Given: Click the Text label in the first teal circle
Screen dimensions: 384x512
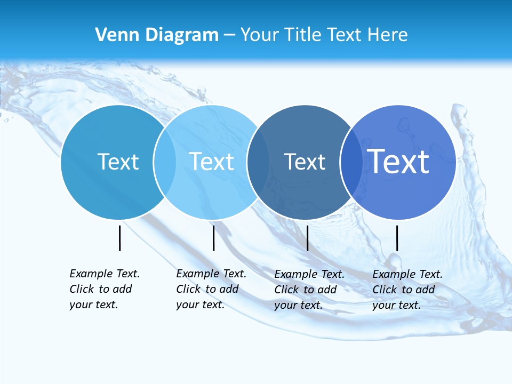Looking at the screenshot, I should click(118, 162).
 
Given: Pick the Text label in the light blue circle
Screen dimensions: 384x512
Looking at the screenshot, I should click(211, 162).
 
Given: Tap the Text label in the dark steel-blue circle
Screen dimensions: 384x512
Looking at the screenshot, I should click(305, 162).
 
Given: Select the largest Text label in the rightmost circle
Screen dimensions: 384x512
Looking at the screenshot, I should click(398, 161).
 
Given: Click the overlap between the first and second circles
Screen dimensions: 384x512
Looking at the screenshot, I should click(165, 162).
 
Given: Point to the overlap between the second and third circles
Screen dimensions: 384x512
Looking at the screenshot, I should click(258, 162).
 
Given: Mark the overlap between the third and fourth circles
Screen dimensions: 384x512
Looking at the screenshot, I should click(351, 162).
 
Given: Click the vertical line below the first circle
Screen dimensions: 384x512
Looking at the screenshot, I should click(120, 238).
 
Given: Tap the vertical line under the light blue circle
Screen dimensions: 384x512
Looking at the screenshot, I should click(213, 238).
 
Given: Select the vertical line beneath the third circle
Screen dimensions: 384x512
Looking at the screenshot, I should click(307, 238).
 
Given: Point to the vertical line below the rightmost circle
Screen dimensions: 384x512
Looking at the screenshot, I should click(397, 238).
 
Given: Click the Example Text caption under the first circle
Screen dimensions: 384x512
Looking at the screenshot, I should click(104, 289).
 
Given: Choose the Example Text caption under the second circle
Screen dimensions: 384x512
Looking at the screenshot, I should click(211, 289).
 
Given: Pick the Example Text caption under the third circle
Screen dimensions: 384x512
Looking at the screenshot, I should click(309, 290).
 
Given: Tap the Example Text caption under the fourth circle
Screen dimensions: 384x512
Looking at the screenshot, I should click(407, 290).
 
